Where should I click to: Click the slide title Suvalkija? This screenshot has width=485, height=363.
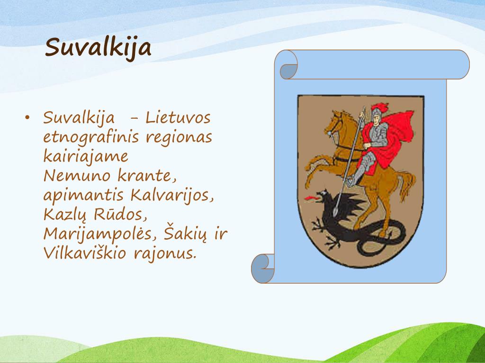(98, 47)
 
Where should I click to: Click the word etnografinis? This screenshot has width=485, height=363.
(90, 138)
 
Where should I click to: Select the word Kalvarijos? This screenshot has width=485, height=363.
(171, 195)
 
